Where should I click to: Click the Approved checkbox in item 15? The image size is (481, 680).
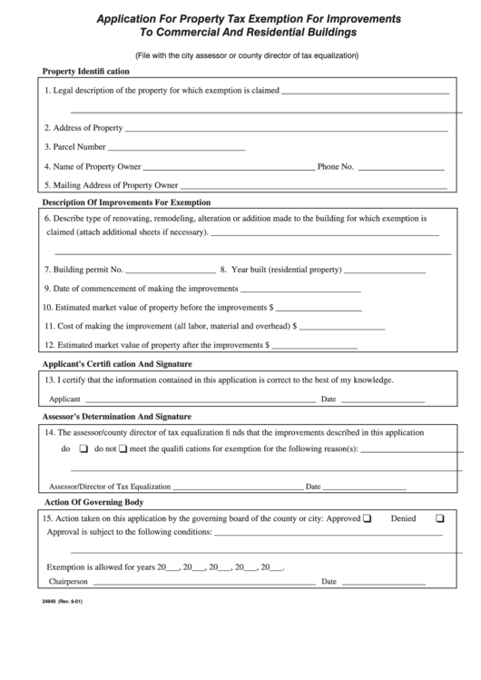368,520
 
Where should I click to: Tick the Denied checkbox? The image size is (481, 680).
439,520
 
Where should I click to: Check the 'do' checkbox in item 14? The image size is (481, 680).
83,449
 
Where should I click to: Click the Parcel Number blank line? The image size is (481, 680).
177,147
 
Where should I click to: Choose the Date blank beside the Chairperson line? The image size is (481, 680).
382,582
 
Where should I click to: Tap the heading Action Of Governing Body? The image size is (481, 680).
93,502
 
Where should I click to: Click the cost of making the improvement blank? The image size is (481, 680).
342,326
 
